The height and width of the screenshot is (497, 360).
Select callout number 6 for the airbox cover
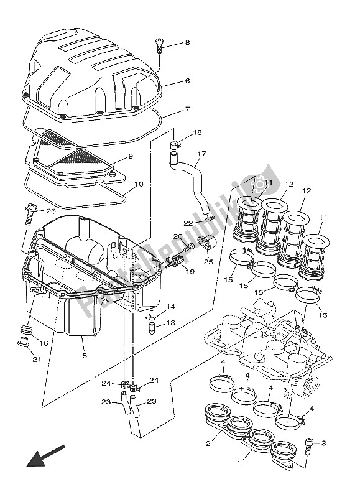(187, 81)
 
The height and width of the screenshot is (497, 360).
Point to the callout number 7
(187, 109)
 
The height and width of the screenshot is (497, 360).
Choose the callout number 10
(139, 184)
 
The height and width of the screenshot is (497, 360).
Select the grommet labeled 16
(26, 329)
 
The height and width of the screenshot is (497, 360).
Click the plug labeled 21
(23, 341)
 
